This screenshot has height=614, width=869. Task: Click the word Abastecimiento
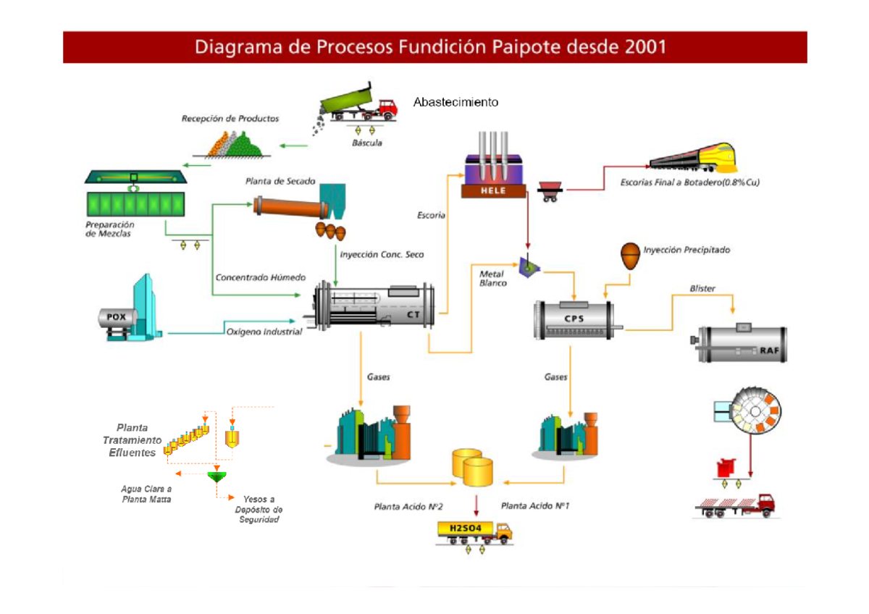[x=456, y=102]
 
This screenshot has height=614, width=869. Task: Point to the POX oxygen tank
[x=116, y=316]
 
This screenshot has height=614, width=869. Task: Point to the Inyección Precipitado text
[x=687, y=250]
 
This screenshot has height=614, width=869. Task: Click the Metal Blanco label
[x=493, y=278]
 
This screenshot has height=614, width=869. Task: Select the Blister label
[x=702, y=288]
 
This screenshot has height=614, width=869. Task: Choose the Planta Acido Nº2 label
[x=408, y=506]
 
